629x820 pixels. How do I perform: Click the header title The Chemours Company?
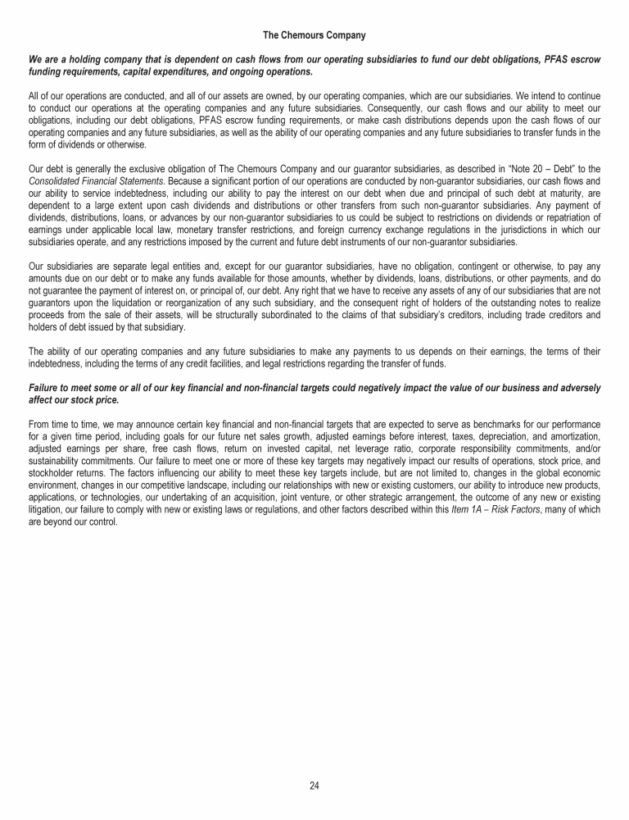click(314, 35)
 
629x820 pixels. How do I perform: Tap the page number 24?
click(314, 786)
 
